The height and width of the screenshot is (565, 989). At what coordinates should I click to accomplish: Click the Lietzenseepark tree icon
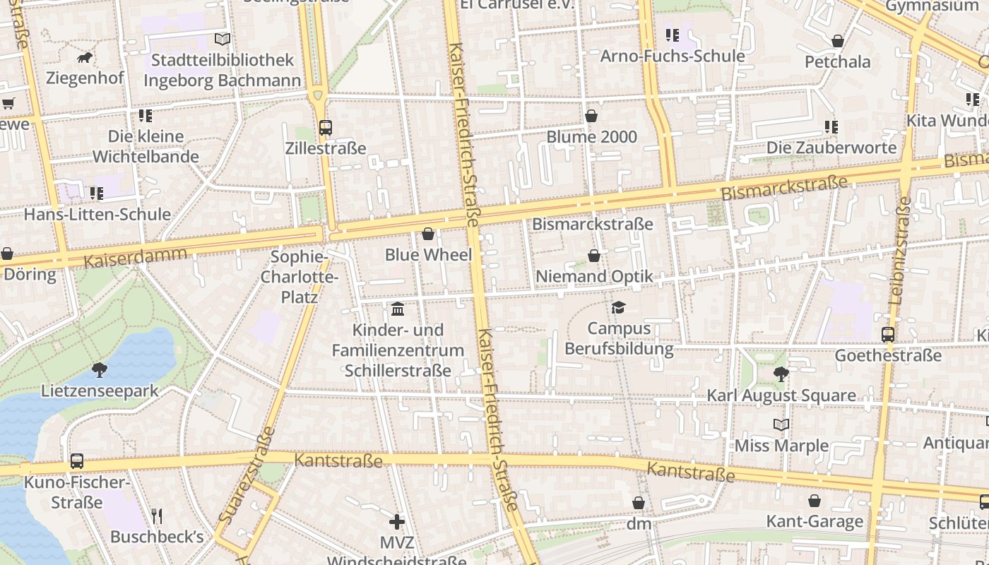100,369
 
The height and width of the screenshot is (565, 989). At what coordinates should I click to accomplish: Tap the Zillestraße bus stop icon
325,128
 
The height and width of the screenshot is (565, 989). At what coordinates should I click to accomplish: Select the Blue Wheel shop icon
428,234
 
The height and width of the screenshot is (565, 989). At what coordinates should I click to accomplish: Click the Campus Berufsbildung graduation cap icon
619,307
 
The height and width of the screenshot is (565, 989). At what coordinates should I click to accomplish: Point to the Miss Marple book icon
781,424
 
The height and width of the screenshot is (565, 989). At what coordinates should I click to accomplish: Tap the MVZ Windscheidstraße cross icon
397,522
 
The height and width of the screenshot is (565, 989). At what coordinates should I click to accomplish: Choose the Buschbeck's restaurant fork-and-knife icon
157,516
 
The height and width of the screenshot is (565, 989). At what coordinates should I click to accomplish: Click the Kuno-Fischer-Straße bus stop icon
76,461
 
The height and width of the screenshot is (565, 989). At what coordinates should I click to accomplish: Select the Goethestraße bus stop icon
888,335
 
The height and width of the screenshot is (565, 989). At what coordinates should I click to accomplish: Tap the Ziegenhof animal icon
85,57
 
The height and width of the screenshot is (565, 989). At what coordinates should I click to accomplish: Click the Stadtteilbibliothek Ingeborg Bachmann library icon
223,39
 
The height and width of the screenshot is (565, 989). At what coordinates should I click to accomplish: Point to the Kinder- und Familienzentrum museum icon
398,309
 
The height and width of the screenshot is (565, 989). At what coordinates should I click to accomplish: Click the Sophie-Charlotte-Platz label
300,277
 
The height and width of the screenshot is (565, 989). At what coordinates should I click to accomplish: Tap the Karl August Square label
781,395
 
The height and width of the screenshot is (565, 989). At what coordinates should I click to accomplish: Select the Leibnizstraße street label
900,251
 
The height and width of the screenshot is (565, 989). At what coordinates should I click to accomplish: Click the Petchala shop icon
838,41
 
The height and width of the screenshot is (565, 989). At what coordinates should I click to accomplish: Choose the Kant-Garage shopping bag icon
815,501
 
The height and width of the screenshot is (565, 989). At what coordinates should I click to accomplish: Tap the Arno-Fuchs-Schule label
673,56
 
